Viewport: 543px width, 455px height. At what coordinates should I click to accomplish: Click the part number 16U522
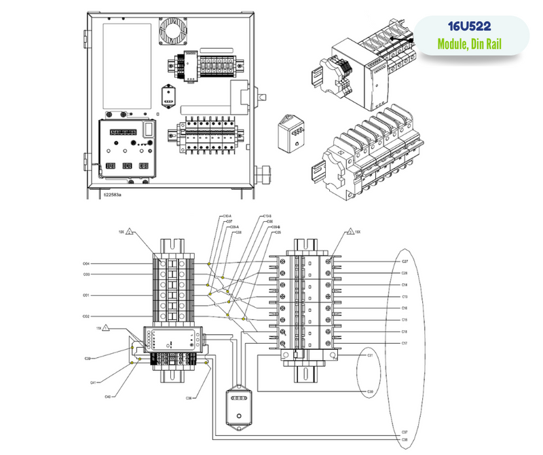[470, 28]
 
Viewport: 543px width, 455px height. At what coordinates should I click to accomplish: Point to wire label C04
[86, 263]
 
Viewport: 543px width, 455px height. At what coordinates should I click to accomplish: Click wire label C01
[86, 296]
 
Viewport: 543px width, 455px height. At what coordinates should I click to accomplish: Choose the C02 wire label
[86, 317]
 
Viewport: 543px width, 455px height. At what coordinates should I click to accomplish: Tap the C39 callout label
[88, 358]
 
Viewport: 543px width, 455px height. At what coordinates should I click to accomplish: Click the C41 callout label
[92, 382]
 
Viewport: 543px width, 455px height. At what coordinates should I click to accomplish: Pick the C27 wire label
[405, 261]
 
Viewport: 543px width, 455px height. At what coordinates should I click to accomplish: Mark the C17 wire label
[405, 344]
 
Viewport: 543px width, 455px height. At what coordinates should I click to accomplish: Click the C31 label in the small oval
[370, 355]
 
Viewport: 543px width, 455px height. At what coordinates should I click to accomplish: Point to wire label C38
[405, 440]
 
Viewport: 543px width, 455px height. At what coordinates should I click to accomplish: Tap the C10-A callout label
[227, 216]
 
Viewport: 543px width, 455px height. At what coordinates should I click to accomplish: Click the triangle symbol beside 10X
[131, 233]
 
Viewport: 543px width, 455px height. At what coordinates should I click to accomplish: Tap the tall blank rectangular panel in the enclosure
[127, 66]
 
